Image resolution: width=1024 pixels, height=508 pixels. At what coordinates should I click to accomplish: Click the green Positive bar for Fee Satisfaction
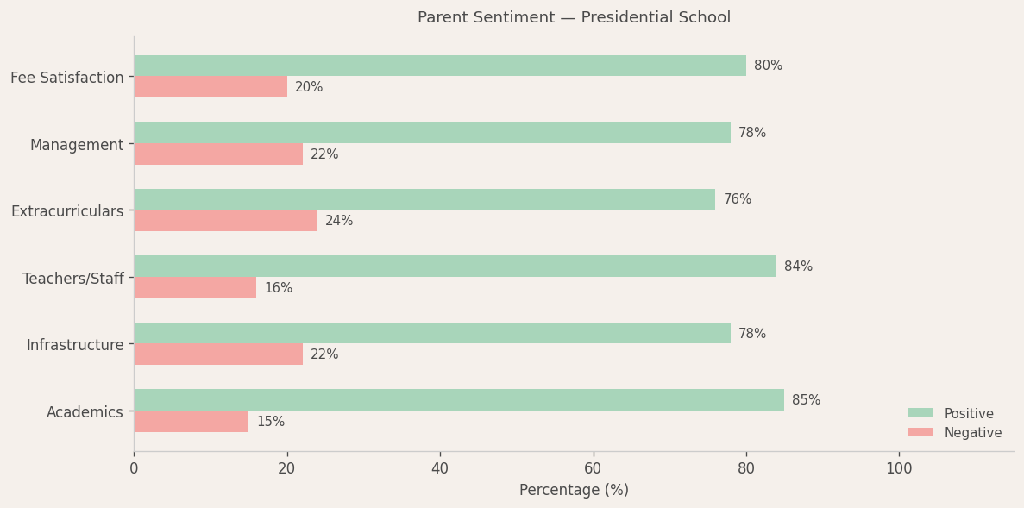[x=440, y=66]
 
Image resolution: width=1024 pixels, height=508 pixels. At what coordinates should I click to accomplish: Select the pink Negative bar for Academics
[x=191, y=422]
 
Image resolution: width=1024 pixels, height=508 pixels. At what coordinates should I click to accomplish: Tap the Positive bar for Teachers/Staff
[x=455, y=267]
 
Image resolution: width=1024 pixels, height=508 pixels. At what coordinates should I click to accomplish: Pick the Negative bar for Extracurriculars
[x=225, y=221]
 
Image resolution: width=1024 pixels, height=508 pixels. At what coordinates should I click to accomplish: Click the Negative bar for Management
[x=217, y=154]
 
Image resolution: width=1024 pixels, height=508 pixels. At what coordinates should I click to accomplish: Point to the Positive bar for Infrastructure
[x=431, y=334]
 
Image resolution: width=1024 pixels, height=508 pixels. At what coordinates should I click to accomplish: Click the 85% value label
[x=806, y=400]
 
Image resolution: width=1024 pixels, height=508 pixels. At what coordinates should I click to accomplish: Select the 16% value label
[x=278, y=288]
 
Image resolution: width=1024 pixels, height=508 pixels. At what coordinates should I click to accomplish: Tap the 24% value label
[x=339, y=221]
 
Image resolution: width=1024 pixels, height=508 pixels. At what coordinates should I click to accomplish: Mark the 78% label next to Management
[x=751, y=133]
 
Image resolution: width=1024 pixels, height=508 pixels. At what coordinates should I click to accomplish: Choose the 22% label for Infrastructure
[x=324, y=354]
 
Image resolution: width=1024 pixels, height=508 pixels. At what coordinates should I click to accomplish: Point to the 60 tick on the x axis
[x=593, y=468]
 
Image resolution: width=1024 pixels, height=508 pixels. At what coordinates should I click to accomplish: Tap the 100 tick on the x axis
[x=899, y=468]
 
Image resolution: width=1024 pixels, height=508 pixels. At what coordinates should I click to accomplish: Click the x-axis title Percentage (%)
[x=574, y=490]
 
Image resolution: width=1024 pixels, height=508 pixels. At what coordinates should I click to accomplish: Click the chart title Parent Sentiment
[x=574, y=17]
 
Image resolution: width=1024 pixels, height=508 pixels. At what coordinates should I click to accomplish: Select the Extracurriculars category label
[x=67, y=211]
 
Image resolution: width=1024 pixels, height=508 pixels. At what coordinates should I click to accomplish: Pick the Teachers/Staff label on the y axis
[x=73, y=279]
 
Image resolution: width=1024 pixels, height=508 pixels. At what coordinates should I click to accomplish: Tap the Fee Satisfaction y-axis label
[x=67, y=78]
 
